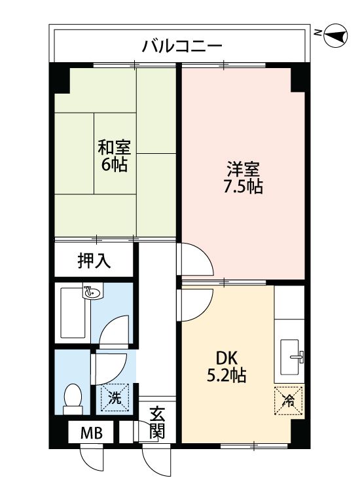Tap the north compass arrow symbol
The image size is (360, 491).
tap(336, 35)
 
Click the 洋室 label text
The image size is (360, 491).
tap(243, 169)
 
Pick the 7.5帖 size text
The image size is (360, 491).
tap(243, 187)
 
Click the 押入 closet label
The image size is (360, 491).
tap(94, 261)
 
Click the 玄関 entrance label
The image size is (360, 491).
tap(157, 423)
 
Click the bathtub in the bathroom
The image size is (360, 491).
tap(73, 315)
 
